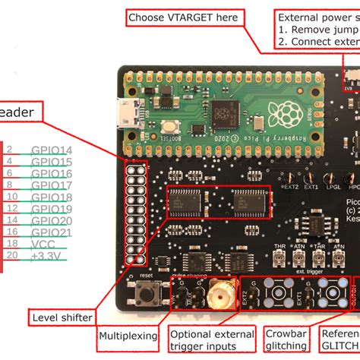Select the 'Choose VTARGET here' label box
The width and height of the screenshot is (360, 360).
tap(182, 17)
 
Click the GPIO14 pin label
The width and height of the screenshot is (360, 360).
tap(51, 150)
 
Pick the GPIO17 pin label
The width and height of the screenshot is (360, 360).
tap(51, 185)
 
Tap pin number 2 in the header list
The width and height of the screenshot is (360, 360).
tap(10, 150)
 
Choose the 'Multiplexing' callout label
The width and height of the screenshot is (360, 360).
tap(128, 336)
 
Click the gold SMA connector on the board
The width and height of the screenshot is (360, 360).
tap(221, 291)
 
